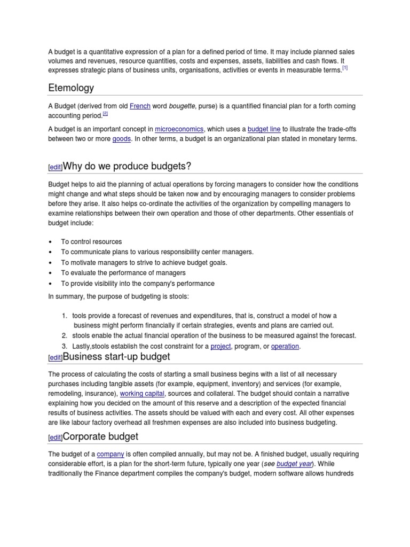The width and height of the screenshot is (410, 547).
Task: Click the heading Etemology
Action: pos(70,88)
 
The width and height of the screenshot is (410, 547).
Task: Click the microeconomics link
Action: pos(179,129)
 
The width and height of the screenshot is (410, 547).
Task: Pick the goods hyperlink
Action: pos(121,139)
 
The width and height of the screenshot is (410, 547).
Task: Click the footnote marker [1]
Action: pos(345,68)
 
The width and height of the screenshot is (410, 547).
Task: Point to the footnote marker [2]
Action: pos(105,114)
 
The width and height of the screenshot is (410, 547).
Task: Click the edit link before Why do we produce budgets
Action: pos(55,167)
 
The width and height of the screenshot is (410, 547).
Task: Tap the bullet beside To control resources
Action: pos(50,242)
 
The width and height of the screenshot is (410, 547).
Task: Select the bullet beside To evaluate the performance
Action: pos(50,273)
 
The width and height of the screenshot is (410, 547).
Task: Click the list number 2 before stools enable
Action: pos(64,335)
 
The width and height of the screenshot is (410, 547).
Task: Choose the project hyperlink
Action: pos(220,346)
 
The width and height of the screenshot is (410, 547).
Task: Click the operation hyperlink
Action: pos(285,346)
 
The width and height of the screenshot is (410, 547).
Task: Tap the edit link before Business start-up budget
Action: pos(55,358)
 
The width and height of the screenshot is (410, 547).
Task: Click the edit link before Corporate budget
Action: pos(55,437)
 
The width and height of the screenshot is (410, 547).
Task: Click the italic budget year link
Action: pos(294,464)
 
